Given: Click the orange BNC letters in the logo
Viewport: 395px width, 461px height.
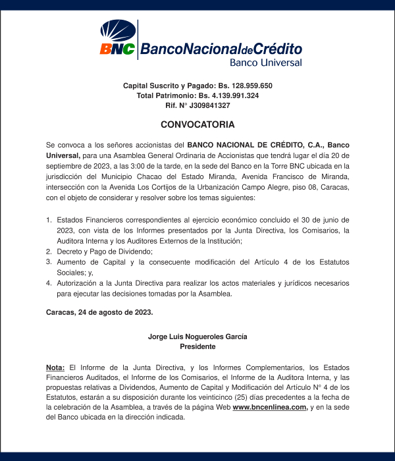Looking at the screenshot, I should [x=117, y=49].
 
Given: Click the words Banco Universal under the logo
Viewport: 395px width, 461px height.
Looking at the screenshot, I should [x=265, y=63].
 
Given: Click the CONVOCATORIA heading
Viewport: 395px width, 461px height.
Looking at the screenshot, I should [x=197, y=124].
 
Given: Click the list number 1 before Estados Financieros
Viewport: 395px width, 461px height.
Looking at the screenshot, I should [x=49, y=219].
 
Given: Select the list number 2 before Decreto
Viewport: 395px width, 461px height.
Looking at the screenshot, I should [x=49, y=252].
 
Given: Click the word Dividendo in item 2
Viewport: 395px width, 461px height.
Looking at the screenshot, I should [x=135, y=252].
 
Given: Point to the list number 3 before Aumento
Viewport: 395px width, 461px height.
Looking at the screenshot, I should [x=49, y=261].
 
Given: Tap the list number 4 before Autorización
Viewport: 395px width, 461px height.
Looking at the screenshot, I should [x=49, y=283].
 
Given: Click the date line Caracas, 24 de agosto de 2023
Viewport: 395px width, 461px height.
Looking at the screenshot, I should [x=99, y=312].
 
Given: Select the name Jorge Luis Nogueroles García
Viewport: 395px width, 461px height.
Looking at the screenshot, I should [x=197, y=337].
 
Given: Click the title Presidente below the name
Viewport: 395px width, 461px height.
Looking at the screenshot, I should [x=197, y=346].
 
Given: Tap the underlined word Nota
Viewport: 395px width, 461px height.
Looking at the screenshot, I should [x=55, y=366].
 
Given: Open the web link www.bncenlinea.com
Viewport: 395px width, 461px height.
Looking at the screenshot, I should [x=270, y=407].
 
